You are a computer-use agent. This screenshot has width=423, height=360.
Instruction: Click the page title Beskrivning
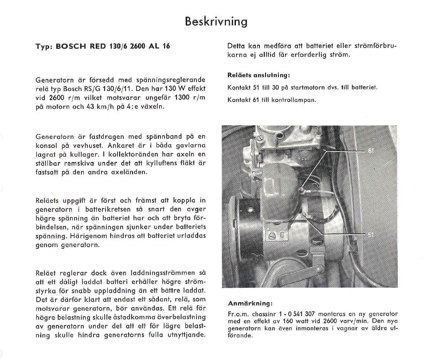point(216,22)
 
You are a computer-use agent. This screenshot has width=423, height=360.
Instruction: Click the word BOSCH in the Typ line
point(72,46)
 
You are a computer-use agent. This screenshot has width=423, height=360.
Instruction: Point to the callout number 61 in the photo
point(371,150)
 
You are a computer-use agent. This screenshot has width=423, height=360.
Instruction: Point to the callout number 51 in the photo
point(371,235)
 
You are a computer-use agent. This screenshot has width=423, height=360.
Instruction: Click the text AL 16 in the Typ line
point(160,46)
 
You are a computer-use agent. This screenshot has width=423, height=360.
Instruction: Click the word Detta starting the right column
point(237,46)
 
